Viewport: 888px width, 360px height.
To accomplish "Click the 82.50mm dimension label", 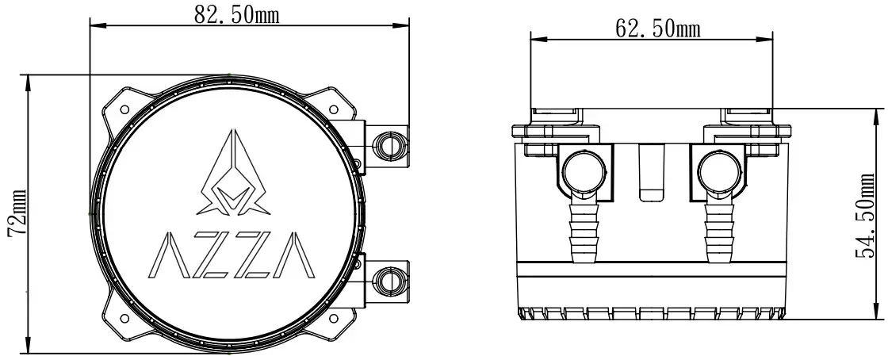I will (x=236, y=13).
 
